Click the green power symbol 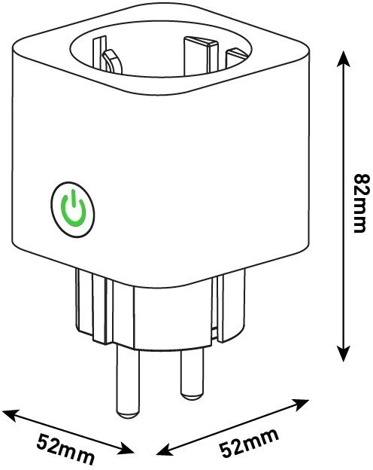tap(74, 208)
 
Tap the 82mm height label tap(359, 203)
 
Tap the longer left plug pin tap(128, 380)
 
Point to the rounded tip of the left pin tap(128, 414)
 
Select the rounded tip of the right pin tap(192, 396)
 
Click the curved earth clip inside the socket tap(112, 61)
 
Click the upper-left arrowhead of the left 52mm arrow tap(10, 414)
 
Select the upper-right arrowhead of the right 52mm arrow tap(301, 404)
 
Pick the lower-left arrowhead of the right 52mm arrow tap(165, 450)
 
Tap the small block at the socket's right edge tap(236, 58)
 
